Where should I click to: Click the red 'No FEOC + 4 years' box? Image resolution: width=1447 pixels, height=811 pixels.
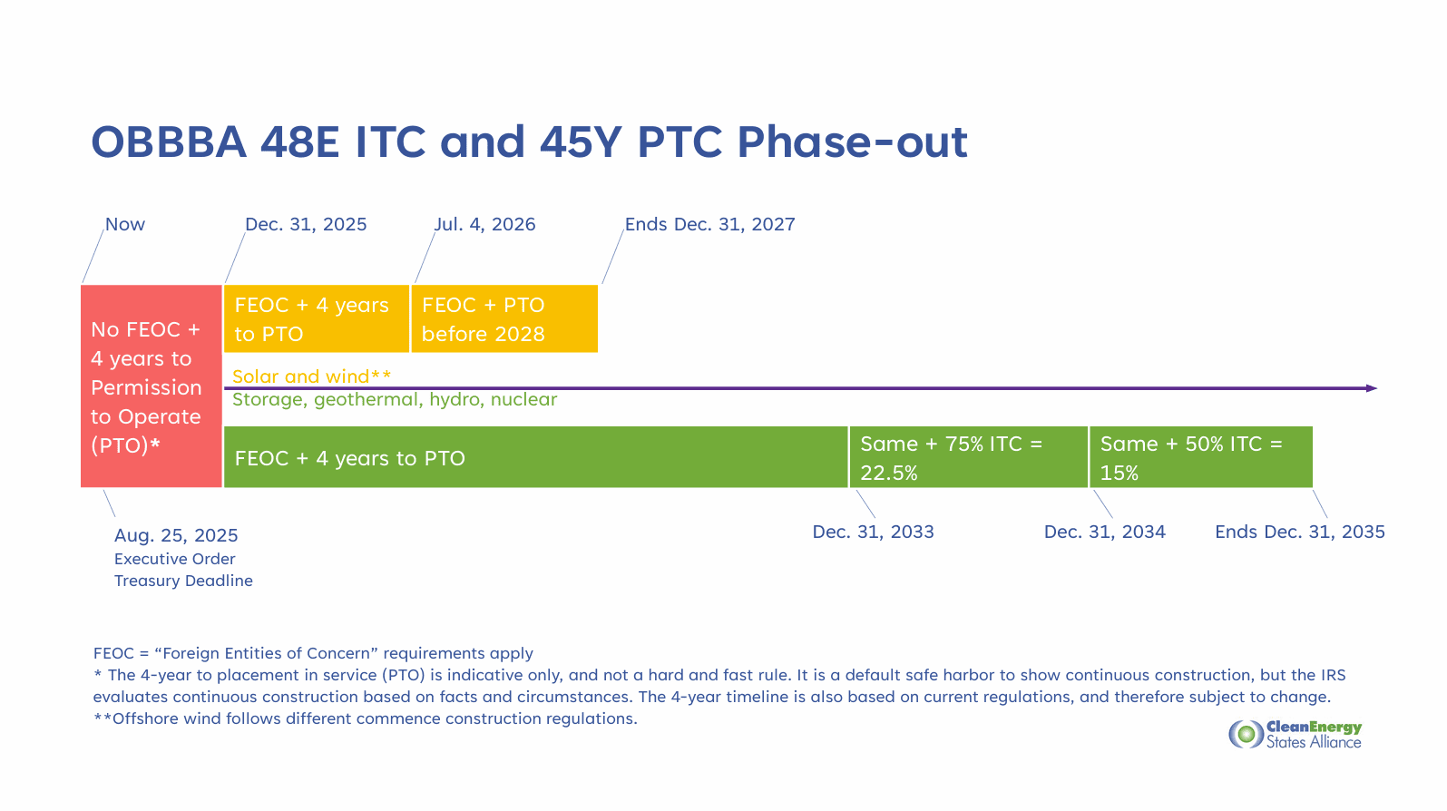[152, 386]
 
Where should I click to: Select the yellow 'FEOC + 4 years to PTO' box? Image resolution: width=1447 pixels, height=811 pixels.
[317, 319]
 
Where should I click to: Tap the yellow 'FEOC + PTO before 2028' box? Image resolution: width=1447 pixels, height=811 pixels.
[504, 319]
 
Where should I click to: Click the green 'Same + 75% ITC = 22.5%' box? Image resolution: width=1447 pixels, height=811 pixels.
[968, 457]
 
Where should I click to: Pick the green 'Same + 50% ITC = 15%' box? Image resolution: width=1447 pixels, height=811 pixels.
[1201, 457]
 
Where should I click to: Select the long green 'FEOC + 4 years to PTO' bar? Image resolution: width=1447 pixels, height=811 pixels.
[535, 457]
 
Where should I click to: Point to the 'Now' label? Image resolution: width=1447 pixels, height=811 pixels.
[124, 224]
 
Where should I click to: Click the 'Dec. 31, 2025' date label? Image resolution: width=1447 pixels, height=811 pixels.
[306, 224]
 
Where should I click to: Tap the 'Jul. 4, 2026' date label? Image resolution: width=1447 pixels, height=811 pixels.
[484, 224]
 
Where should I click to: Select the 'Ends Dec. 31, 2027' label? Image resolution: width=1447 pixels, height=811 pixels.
[710, 224]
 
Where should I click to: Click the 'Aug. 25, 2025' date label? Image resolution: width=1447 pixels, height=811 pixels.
[176, 535]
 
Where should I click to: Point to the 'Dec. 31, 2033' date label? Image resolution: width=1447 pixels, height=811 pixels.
[873, 533]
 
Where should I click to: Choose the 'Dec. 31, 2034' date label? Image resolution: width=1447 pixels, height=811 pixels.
[1105, 533]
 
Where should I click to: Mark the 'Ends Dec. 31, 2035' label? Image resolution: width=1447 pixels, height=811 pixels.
[1300, 533]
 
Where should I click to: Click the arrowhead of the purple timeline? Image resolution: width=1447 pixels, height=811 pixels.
[1372, 388]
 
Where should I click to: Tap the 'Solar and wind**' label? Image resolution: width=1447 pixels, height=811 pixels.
[311, 376]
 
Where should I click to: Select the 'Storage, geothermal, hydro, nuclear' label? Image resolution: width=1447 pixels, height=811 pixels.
[394, 400]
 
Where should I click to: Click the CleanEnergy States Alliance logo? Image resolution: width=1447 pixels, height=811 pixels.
[1295, 734]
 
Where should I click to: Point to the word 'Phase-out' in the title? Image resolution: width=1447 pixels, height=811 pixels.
[852, 142]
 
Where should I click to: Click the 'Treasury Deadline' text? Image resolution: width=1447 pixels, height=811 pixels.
[183, 581]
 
